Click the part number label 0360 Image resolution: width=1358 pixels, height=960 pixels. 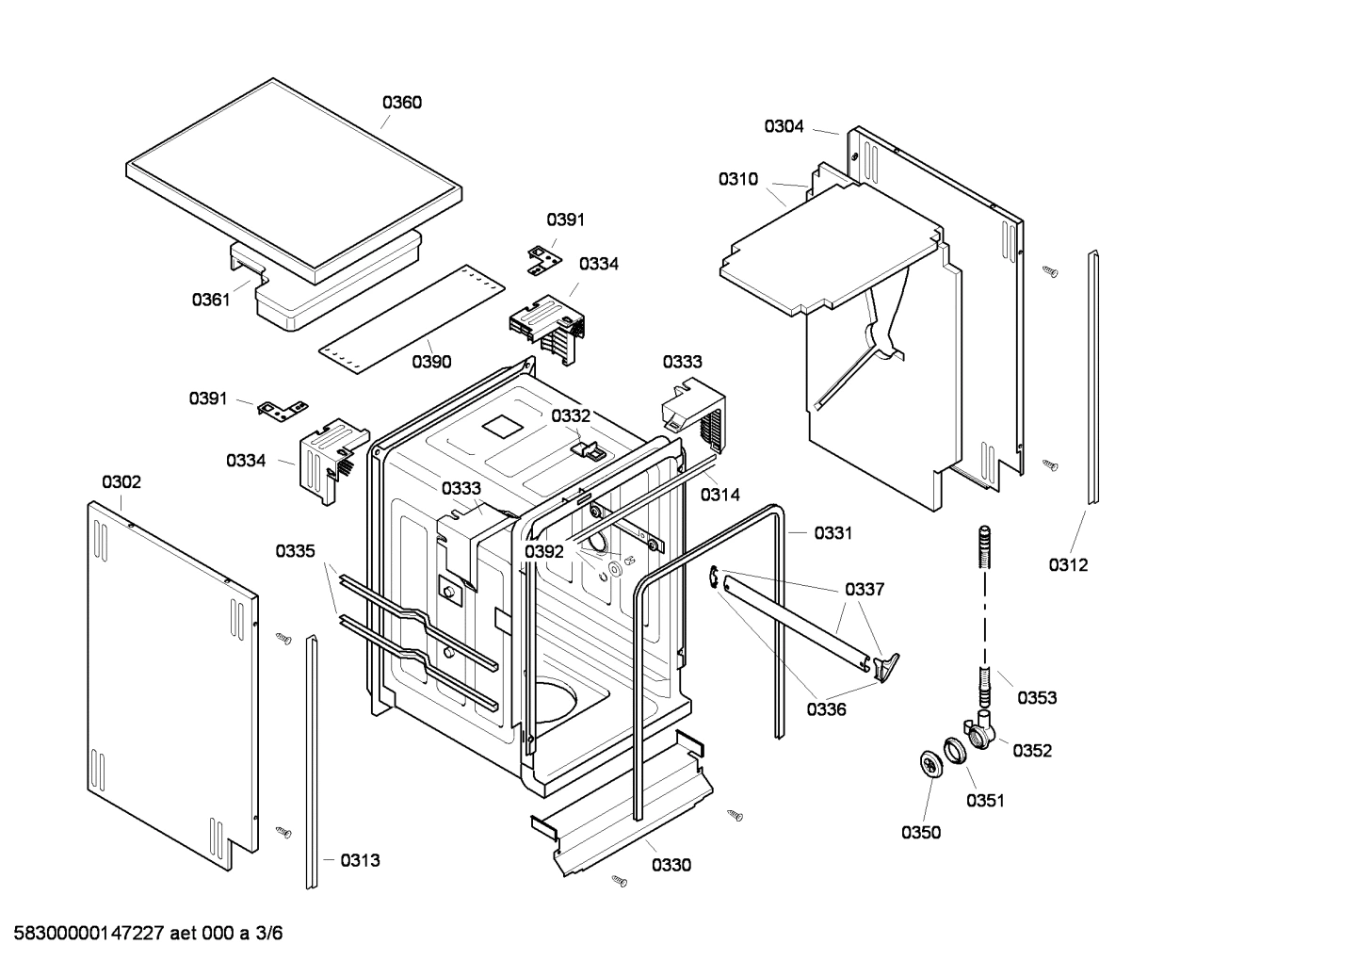[401, 103]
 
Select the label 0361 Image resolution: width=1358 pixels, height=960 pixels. [211, 300]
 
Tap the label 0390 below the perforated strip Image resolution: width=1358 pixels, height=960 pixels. [431, 362]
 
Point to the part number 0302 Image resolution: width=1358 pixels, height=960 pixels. [121, 482]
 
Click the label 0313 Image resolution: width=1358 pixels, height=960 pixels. [360, 860]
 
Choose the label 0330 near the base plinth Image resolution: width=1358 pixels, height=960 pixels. [671, 865]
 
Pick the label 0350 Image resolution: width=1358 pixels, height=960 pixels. [920, 832]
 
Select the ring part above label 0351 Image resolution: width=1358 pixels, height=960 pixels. [958, 751]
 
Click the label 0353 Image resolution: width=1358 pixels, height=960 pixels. [1036, 697]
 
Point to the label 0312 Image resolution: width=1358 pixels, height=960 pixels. [1068, 564]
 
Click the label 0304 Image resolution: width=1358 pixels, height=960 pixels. [784, 126]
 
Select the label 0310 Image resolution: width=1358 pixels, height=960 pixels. [737, 179]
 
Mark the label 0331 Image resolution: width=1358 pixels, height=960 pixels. [833, 533]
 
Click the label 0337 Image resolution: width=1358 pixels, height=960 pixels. [864, 590]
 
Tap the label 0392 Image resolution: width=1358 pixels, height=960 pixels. [544, 552]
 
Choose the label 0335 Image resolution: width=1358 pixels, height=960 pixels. [295, 551]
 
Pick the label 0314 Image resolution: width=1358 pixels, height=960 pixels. [719, 494]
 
